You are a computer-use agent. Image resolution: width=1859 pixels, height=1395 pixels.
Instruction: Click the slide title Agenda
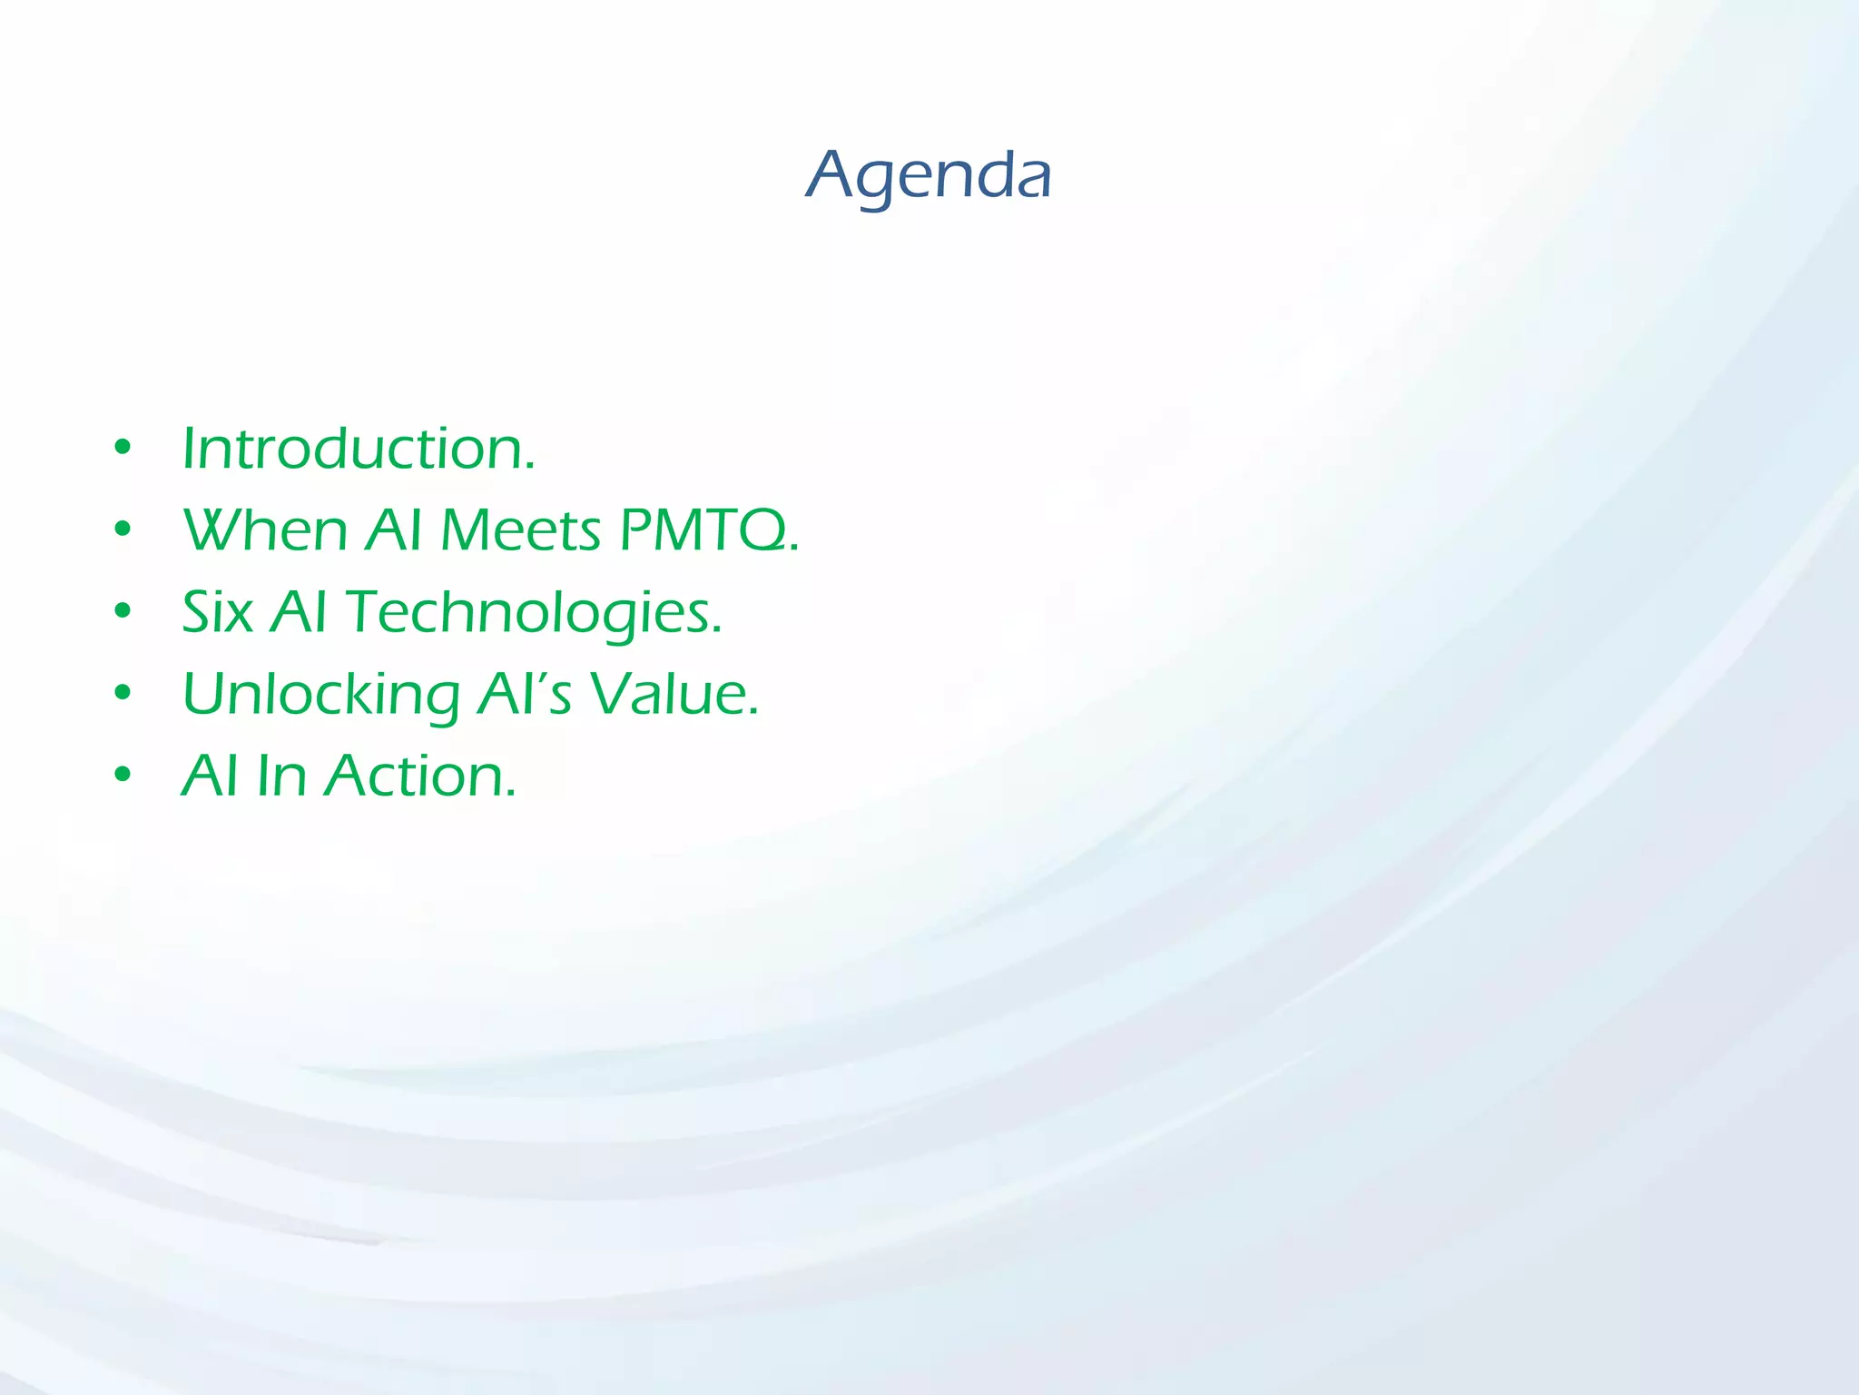point(928,175)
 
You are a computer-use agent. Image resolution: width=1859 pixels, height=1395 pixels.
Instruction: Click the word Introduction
point(358,449)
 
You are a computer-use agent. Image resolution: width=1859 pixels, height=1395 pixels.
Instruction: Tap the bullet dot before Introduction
point(123,448)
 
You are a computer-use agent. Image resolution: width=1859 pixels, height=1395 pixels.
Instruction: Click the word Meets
point(520,530)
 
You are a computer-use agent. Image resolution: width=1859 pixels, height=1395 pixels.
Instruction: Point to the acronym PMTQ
point(706,530)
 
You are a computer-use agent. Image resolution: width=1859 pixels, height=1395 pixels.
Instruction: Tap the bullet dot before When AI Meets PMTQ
point(123,529)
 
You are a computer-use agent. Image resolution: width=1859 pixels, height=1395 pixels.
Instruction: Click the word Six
point(217,612)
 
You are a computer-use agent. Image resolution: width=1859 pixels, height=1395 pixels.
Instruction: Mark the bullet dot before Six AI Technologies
point(123,611)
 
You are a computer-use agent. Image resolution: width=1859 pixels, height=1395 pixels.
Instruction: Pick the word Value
point(673,695)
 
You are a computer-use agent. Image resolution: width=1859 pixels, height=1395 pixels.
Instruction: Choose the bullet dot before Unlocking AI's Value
point(123,694)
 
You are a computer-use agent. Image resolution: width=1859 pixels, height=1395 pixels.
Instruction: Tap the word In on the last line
point(281,777)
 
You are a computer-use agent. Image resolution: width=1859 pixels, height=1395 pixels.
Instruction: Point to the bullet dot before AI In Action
point(123,776)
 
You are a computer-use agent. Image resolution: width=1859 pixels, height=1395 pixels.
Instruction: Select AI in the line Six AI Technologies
point(299,612)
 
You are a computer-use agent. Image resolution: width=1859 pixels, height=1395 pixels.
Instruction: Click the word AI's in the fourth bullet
point(525,695)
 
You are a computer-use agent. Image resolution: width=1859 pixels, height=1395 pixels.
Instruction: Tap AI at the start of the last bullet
point(210,777)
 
